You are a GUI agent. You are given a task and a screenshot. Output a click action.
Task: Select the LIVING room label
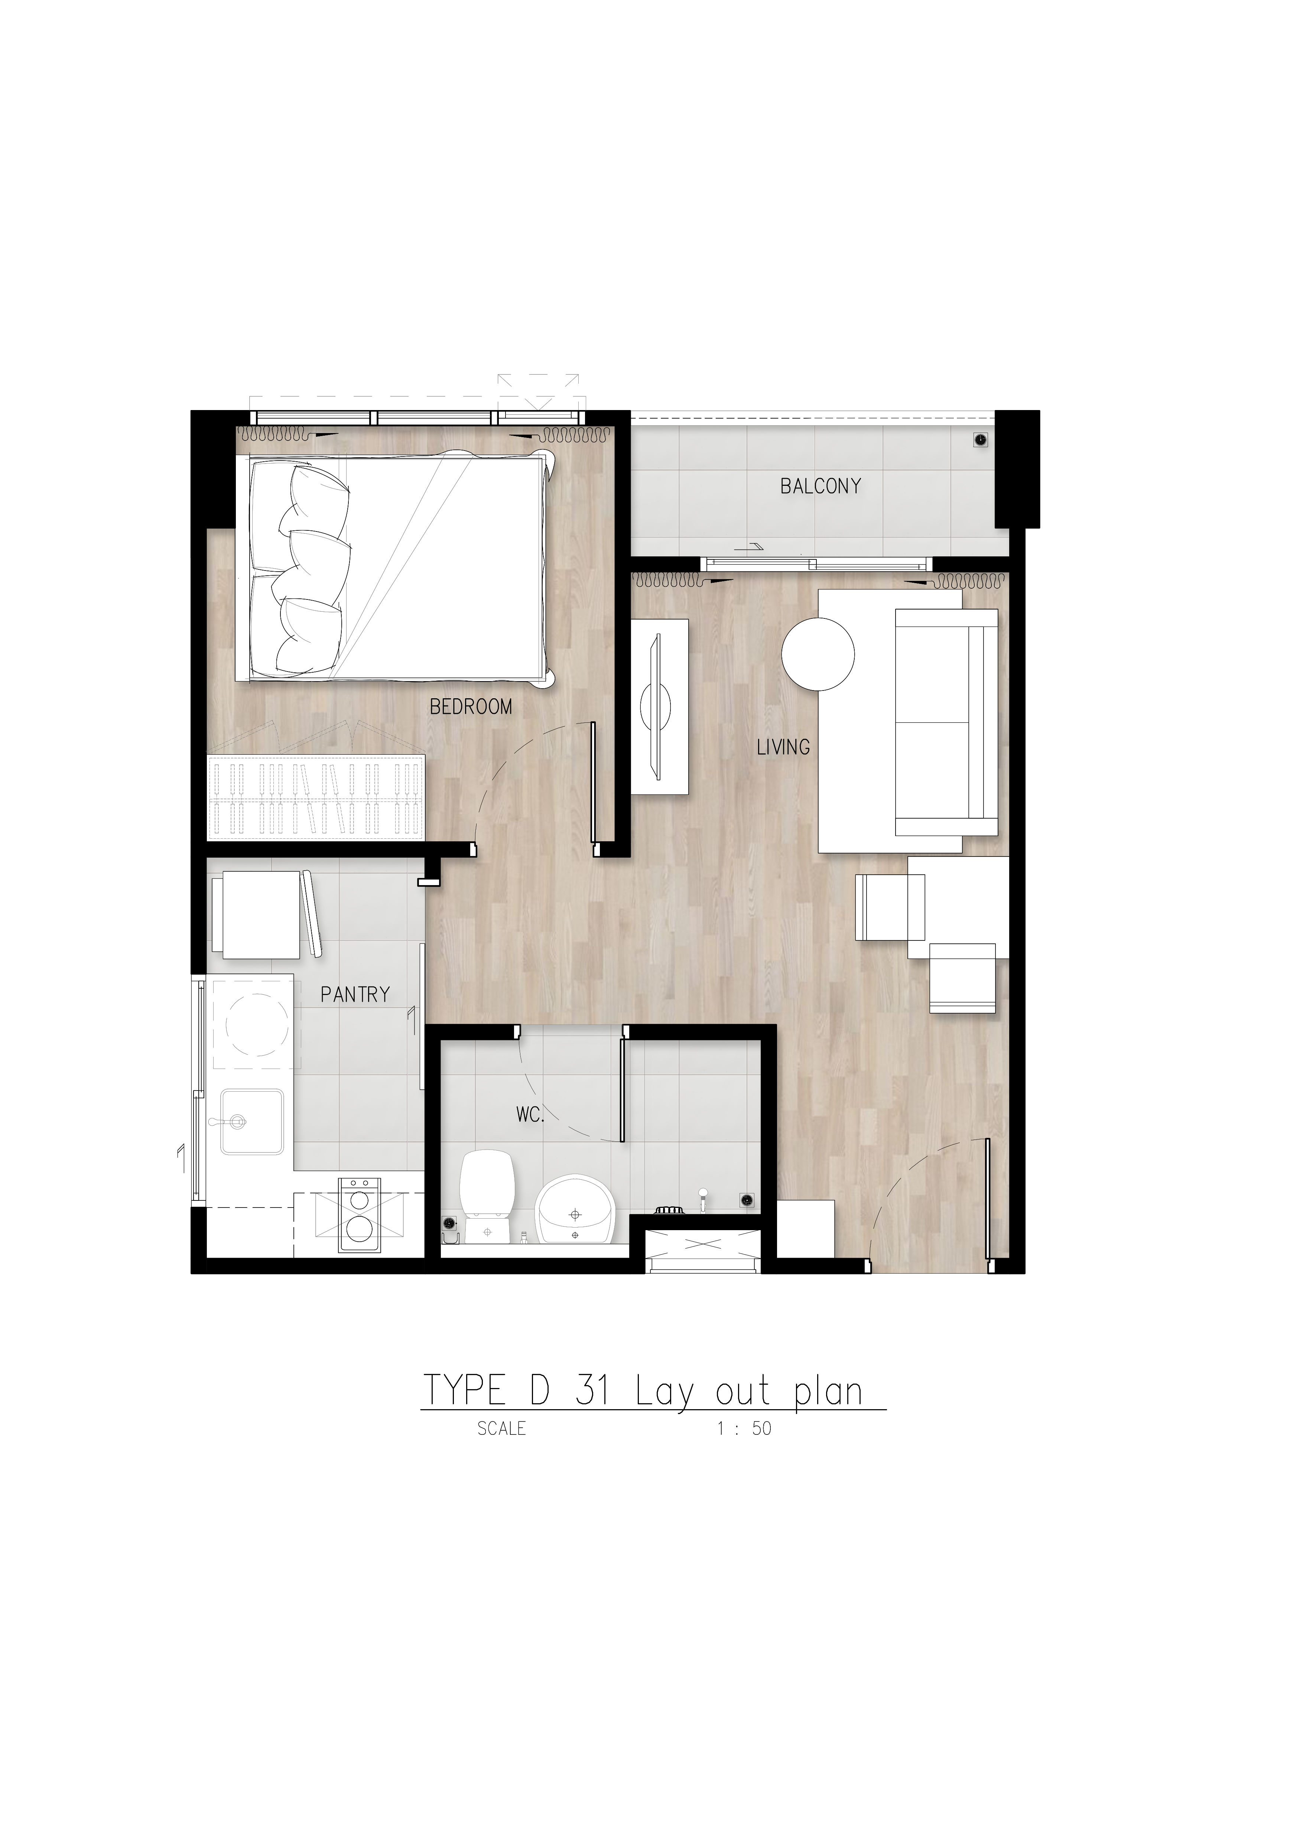pos(784,747)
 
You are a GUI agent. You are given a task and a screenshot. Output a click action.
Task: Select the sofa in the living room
pos(946,722)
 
